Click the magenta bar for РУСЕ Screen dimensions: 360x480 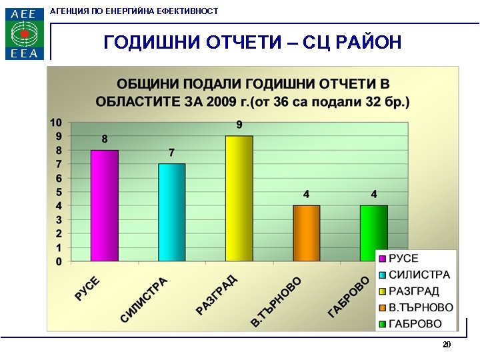[105, 205]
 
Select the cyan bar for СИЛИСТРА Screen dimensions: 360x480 [171, 212]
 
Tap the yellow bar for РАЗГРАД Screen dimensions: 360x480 [239, 199]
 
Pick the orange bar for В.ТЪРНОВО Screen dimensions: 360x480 [307, 233]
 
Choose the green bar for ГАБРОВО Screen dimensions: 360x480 [373, 233]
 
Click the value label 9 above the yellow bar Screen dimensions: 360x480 [239, 125]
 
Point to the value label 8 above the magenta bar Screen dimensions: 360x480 [105, 139]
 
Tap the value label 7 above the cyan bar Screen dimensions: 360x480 [171, 153]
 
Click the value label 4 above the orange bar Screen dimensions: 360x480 [307, 194]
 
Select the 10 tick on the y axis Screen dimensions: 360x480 [57, 122]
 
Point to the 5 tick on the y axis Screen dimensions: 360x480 [59, 192]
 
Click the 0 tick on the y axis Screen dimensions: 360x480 [59, 261]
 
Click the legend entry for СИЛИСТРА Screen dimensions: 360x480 [419, 275]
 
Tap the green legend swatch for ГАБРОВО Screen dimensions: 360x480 [383, 324]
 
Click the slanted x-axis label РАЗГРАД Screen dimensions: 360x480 [217, 294]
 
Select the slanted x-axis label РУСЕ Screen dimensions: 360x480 [87, 288]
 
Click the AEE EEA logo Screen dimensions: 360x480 [25, 33]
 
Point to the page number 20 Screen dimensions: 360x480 [446, 345]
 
